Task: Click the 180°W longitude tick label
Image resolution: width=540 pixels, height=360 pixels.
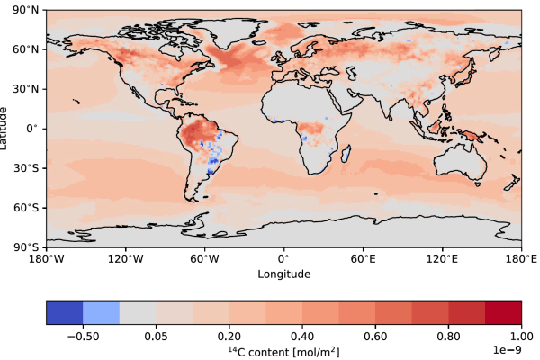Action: pos(46,258)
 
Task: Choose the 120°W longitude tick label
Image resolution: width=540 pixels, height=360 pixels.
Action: pos(125,258)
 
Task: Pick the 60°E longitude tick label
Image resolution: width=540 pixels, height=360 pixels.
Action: pos(363,258)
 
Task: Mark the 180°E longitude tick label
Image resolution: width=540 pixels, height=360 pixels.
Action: pos(521,258)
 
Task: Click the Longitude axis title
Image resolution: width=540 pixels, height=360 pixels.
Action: pos(283,274)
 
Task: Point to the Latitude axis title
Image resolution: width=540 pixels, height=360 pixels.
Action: pos(7,128)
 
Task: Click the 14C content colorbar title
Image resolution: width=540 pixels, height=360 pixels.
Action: pos(283,348)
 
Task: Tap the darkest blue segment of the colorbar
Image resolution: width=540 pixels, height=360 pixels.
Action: pos(64,312)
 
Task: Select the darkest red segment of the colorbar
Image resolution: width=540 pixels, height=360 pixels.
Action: pos(503,312)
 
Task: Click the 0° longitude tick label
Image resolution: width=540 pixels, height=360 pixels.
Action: pos(283,258)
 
